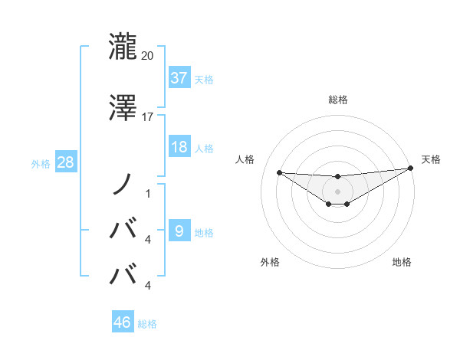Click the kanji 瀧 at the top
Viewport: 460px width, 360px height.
[123, 47]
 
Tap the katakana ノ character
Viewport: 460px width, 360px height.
[123, 185]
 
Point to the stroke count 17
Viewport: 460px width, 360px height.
[148, 117]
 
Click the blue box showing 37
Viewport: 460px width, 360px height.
[179, 78]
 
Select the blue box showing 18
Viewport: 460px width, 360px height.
[179, 147]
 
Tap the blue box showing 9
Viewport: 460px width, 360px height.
[179, 231]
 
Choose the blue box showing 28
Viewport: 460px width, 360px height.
[65, 162]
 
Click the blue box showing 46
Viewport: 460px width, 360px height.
[123, 322]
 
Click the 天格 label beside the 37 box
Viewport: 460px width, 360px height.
[204, 79]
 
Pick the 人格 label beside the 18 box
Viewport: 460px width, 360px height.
[204, 148]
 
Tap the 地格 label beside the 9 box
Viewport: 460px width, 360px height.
[204, 232]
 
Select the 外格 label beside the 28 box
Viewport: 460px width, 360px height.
[41, 163]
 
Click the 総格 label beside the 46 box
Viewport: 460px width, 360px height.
[147, 323]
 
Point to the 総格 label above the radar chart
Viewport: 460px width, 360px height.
[338, 100]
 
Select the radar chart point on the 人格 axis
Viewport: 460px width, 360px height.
[280, 172]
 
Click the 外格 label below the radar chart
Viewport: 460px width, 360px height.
[270, 262]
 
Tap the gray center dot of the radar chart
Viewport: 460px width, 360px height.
[338, 191]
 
